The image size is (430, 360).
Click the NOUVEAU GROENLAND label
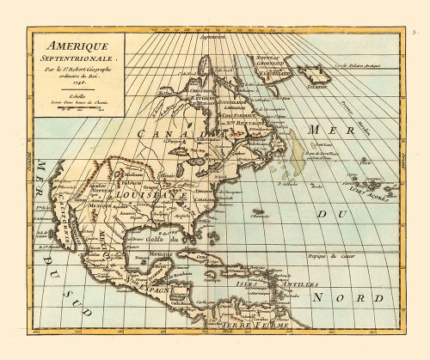(x=277, y=61)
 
